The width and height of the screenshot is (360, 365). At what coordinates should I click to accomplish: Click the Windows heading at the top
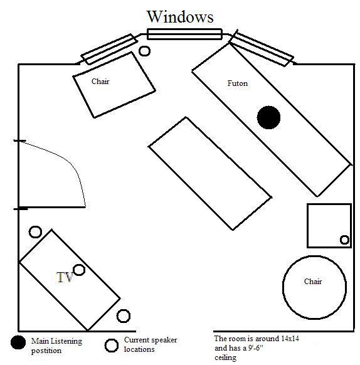(180, 17)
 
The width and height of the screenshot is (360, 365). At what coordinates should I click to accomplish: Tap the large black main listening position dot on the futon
(268, 117)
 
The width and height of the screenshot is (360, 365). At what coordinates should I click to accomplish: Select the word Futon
(237, 83)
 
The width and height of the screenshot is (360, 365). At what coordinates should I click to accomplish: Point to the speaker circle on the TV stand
(79, 270)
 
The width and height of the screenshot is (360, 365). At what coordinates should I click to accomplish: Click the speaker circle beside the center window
(144, 51)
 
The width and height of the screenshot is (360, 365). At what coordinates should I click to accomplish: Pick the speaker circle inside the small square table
(344, 240)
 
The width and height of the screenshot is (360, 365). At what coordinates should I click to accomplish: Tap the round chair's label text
(313, 282)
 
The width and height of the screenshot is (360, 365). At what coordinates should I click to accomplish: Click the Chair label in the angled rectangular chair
(100, 82)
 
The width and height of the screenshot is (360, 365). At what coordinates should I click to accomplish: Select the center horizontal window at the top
(184, 34)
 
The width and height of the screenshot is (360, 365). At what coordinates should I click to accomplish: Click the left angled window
(109, 49)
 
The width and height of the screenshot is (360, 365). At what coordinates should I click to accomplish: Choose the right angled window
(262, 48)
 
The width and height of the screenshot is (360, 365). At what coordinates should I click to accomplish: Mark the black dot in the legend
(18, 342)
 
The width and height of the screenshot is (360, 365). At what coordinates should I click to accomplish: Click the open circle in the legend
(112, 346)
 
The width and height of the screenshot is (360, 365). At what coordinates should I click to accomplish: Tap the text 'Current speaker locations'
(151, 344)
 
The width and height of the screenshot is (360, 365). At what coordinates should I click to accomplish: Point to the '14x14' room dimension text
(290, 338)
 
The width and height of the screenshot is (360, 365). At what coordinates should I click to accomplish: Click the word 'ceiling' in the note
(225, 357)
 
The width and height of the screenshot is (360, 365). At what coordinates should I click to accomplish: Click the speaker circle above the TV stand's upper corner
(35, 232)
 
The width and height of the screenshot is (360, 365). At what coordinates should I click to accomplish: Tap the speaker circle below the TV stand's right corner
(124, 316)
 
